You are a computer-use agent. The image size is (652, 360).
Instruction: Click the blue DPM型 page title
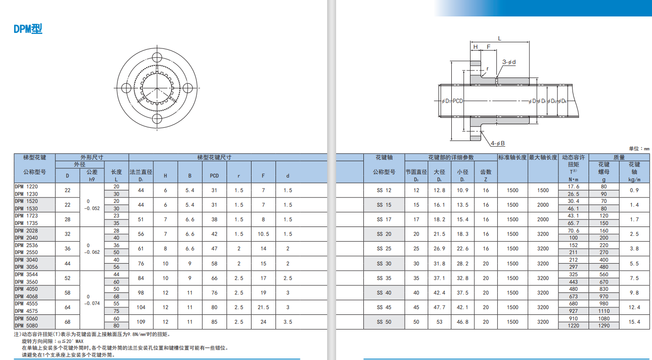tap(28, 29)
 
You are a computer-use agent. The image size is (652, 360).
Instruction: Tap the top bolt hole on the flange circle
tap(157, 57)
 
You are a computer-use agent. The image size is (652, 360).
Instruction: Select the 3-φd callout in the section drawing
tap(509, 62)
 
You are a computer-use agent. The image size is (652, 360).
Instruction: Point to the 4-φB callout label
tap(498, 143)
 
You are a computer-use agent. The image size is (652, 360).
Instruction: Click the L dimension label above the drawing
tap(500, 39)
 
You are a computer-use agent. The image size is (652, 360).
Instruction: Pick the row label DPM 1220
tap(26, 187)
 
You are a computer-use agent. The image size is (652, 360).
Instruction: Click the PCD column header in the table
tap(214, 176)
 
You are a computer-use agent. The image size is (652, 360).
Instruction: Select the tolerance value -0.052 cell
tap(92, 208)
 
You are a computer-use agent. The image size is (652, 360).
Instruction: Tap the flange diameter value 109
tap(141, 322)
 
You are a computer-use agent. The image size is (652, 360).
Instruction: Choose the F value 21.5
tap(263, 307)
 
